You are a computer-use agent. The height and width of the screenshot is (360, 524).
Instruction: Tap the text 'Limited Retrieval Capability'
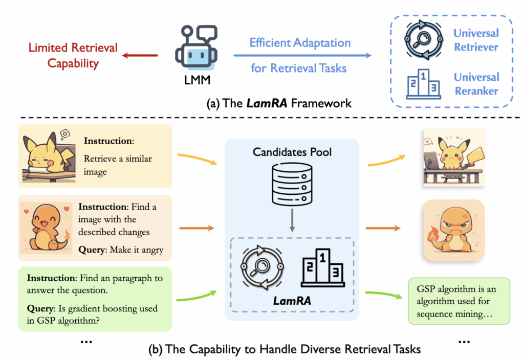coord(73,56)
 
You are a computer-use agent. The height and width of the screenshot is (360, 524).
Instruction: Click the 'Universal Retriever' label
coord(476,40)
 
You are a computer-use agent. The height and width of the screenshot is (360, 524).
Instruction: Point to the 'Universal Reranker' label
coord(476,84)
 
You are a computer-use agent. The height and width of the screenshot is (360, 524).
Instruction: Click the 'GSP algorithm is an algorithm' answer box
coord(459,301)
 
